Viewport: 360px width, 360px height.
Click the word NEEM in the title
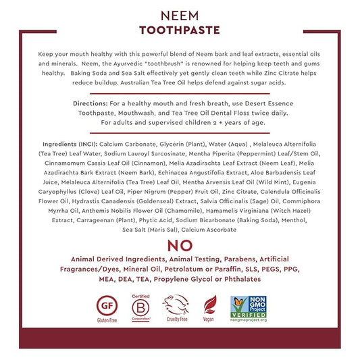[179, 14]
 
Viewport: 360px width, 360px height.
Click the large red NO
[179, 245]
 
